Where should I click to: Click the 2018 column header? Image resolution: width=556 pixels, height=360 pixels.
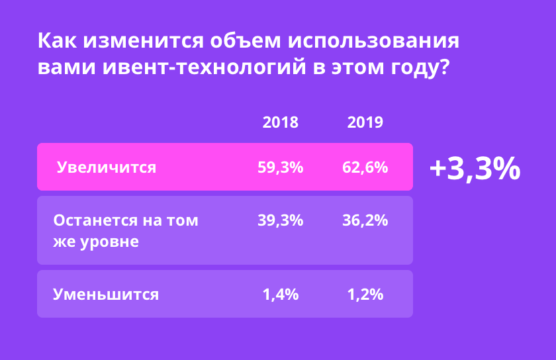click(281, 122)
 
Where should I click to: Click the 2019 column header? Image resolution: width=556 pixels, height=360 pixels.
click(365, 122)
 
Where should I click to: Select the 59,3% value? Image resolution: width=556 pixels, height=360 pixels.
click(281, 167)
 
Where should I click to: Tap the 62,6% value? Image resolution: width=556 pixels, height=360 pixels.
click(365, 167)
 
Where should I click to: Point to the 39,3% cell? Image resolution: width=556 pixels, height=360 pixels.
click(281, 220)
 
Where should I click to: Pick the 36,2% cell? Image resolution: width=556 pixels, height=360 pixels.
click(365, 220)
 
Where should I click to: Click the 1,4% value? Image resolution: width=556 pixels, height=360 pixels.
click(281, 294)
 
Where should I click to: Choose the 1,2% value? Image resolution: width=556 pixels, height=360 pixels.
click(365, 294)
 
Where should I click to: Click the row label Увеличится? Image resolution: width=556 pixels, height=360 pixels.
click(107, 167)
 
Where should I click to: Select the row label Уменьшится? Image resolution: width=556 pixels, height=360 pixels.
click(106, 294)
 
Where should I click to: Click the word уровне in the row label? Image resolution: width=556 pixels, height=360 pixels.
click(108, 242)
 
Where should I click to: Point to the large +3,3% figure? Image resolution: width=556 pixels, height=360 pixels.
click(475, 169)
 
